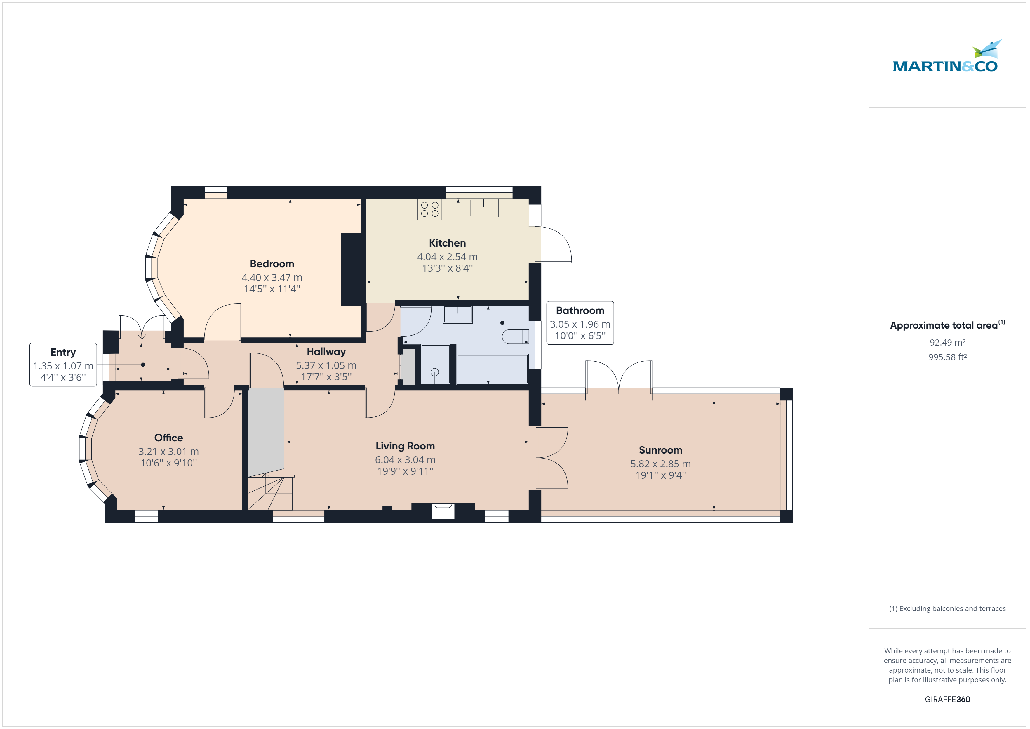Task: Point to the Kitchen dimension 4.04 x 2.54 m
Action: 447,257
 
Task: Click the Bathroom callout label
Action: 580,311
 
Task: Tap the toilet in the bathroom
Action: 516,336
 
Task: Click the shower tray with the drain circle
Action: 435,364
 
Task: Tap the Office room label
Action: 169,438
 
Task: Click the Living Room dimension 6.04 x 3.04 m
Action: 405,460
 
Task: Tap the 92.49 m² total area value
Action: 947,343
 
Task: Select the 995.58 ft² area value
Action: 947,357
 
